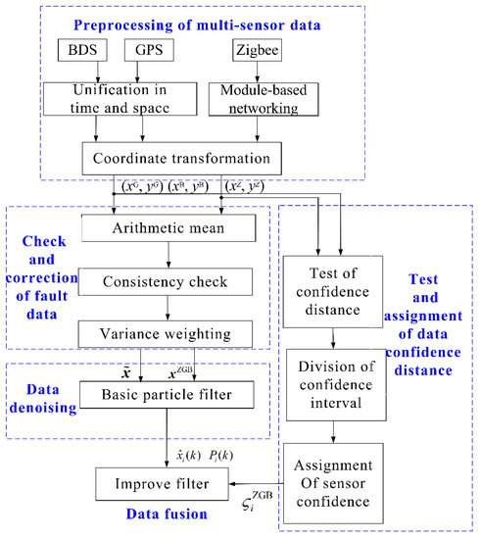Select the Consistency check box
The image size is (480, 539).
pyautogui.click(x=170, y=281)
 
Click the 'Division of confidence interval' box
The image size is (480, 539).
pyautogui.click(x=334, y=382)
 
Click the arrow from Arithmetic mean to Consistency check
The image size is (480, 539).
pyautogui.click(x=170, y=256)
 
